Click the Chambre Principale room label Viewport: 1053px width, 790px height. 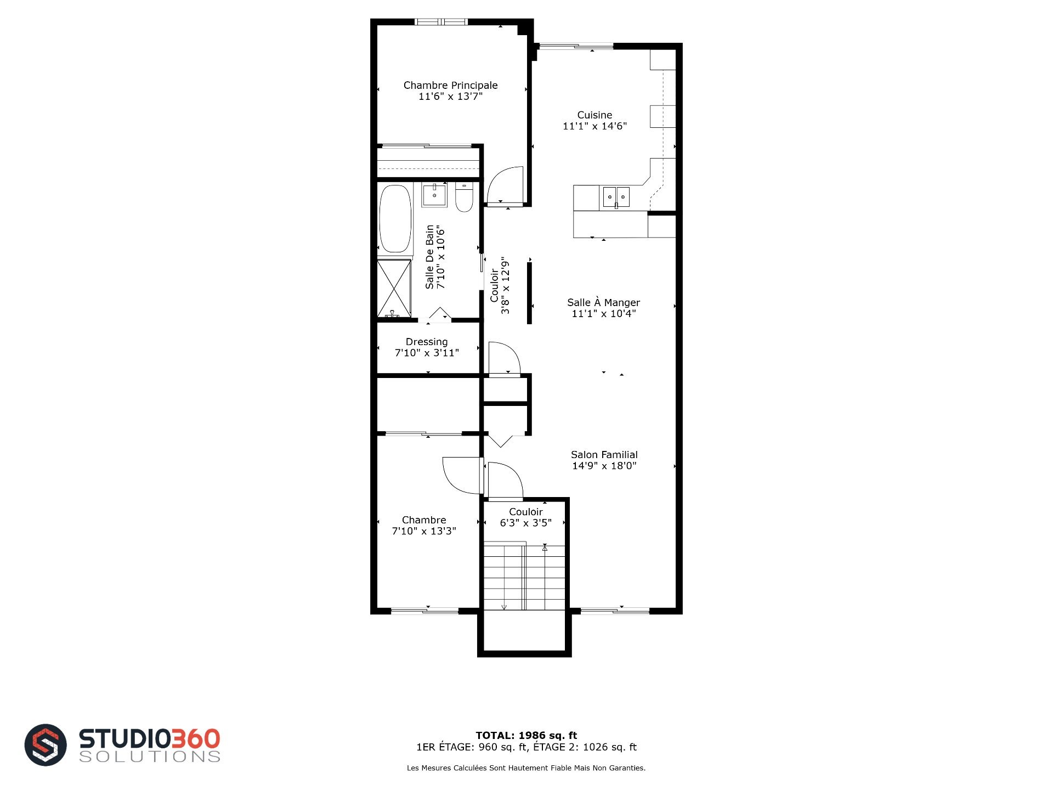click(x=450, y=85)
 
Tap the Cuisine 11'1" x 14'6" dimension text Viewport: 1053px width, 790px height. click(x=595, y=126)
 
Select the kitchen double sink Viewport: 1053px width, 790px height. click(x=616, y=197)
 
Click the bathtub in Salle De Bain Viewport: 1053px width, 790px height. click(x=395, y=219)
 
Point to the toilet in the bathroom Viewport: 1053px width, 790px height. click(x=464, y=197)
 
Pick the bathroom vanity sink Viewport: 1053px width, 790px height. click(x=434, y=195)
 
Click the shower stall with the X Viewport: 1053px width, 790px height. click(x=394, y=289)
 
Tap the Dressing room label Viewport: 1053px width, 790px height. click(x=427, y=342)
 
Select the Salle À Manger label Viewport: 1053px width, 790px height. click(x=603, y=302)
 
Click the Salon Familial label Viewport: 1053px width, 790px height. click(x=604, y=454)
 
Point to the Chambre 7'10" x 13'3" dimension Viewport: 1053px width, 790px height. click(x=424, y=531)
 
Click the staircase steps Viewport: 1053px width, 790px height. click(x=524, y=576)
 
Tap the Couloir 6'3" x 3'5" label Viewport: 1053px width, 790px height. click(x=525, y=517)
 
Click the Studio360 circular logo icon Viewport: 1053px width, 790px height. click(x=46, y=744)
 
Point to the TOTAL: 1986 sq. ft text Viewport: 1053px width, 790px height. click(x=526, y=735)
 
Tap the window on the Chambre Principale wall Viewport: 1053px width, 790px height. click(x=440, y=22)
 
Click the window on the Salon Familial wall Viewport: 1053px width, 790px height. click(x=615, y=611)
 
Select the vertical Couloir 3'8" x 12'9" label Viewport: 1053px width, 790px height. click(x=500, y=285)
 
